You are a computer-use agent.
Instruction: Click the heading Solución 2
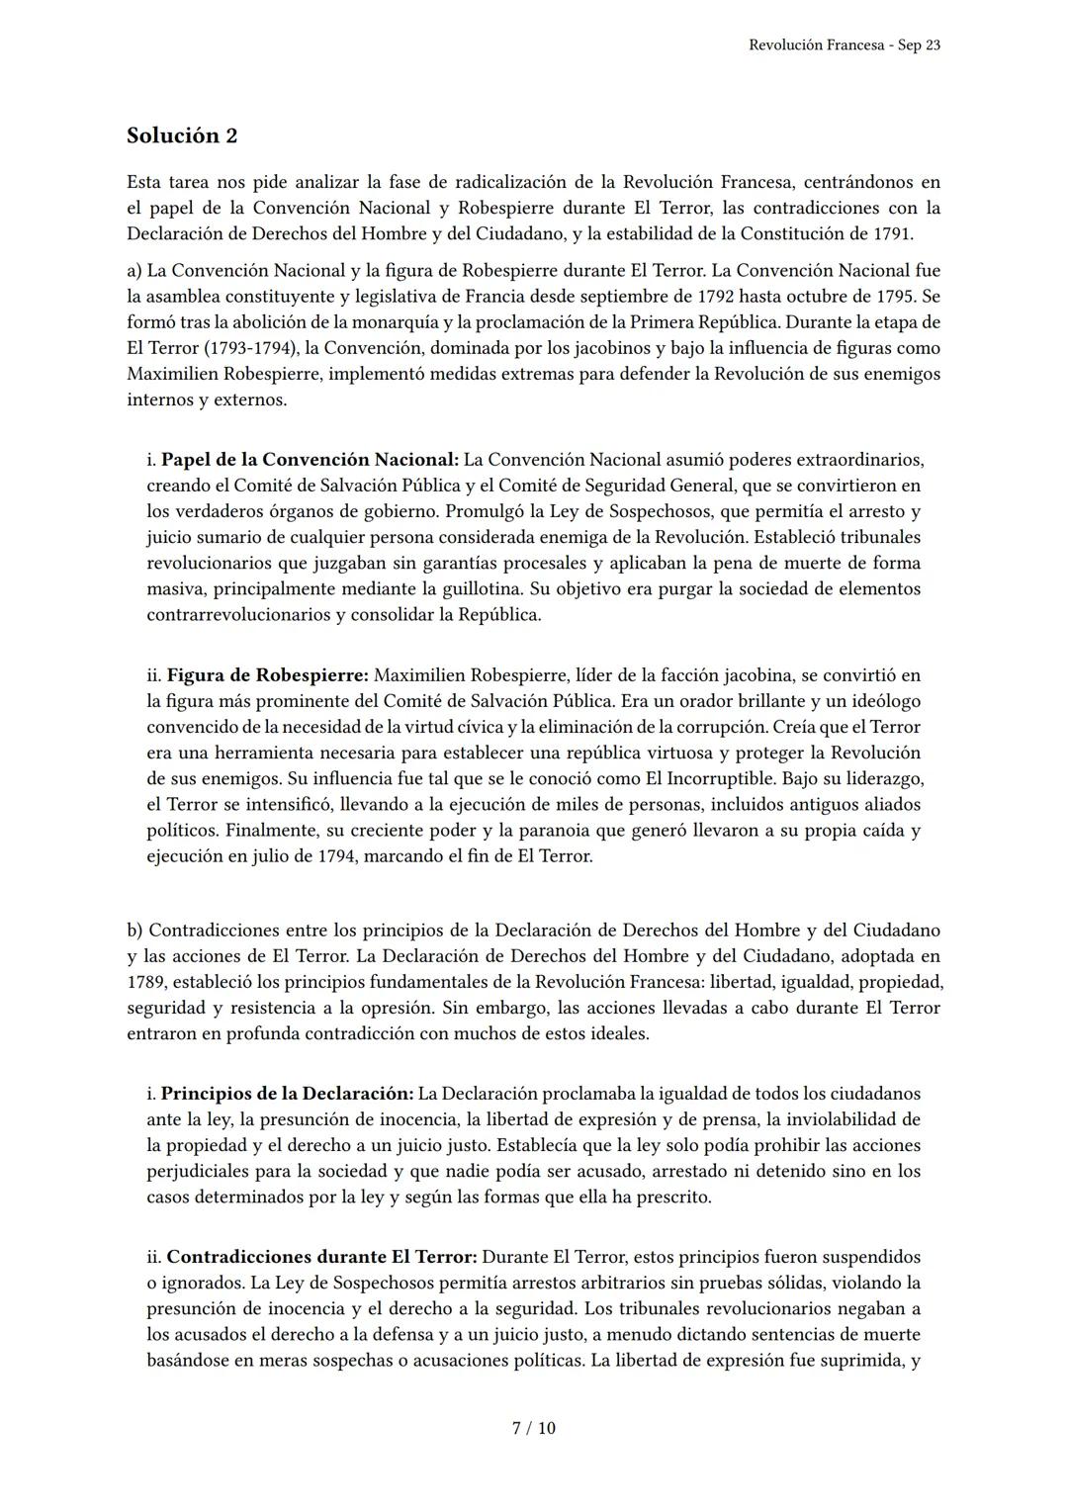click(182, 135)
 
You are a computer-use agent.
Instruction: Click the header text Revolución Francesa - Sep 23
click(845, 45)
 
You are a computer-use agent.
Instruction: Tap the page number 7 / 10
click(534, 1428)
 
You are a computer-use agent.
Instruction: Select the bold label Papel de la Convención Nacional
click(310, 460)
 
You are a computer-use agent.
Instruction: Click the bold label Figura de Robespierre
click(267, 675)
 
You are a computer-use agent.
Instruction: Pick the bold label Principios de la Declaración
click(287, 1094)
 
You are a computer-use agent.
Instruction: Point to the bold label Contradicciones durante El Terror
click(321, 1257)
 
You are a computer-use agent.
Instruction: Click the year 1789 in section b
click(147, 982)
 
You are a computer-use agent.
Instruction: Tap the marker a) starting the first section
click(134, 270)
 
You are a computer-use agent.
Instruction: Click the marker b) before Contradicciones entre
click(135, 931)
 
